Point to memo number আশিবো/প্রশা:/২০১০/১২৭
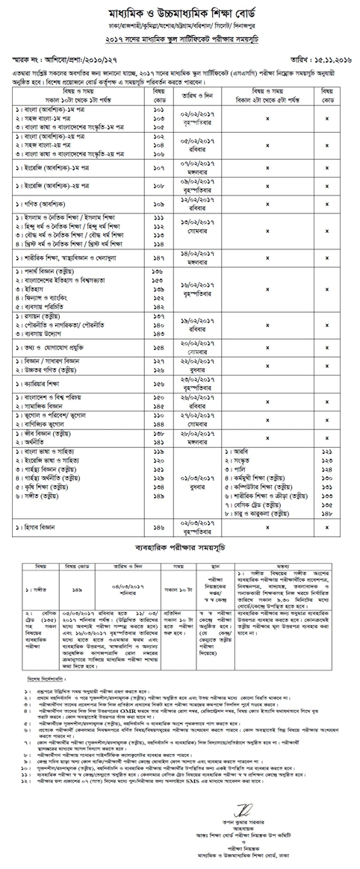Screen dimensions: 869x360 74,57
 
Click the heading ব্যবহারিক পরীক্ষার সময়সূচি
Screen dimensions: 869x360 180,568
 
